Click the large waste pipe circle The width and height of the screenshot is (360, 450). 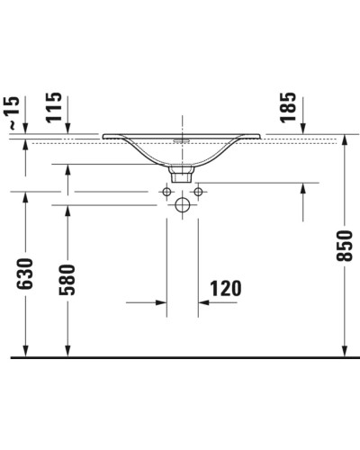[x=182, y=206]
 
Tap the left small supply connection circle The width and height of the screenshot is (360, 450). [x=166, y=191]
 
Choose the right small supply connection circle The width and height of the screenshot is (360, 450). [x=197, y=191]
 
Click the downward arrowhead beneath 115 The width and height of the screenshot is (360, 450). [x=67, y=132]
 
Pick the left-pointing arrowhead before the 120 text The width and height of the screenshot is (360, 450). [x=202, y=303]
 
